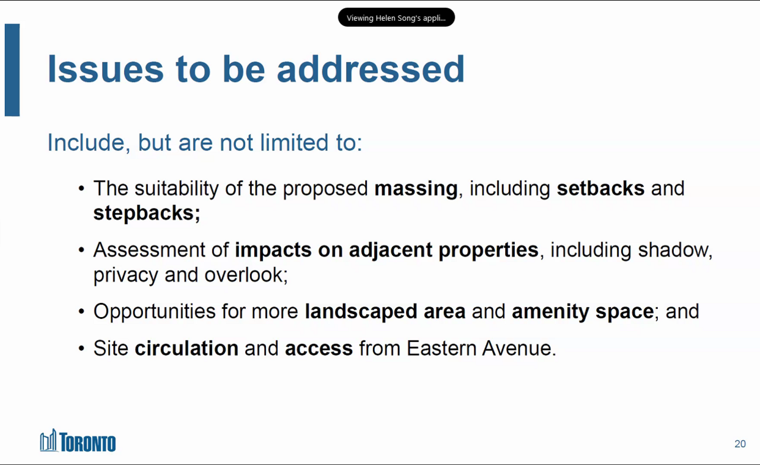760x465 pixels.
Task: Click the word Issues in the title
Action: click(106, 69)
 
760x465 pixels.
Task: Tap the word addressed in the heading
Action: click(370, 68)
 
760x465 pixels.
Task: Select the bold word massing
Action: click(416, 189)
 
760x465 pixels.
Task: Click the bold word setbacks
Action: click(600, 188)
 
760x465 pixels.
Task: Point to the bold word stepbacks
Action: click(147, 213)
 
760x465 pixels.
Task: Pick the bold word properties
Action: click(488, 251)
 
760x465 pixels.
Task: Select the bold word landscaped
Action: click(361, 312)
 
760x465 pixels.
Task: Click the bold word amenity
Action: click(550, 312)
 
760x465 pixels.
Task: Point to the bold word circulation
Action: click(186, 348)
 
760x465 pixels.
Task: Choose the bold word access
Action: click(319, 349)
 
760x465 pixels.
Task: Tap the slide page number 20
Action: click(740, 444)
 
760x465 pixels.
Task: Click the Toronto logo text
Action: click(87, 442)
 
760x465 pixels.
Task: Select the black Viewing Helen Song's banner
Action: click(396, 17)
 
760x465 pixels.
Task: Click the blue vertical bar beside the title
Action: click(12, 70)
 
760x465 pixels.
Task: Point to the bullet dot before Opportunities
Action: click(81, 311)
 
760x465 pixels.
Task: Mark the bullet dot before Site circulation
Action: click(81, 348)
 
